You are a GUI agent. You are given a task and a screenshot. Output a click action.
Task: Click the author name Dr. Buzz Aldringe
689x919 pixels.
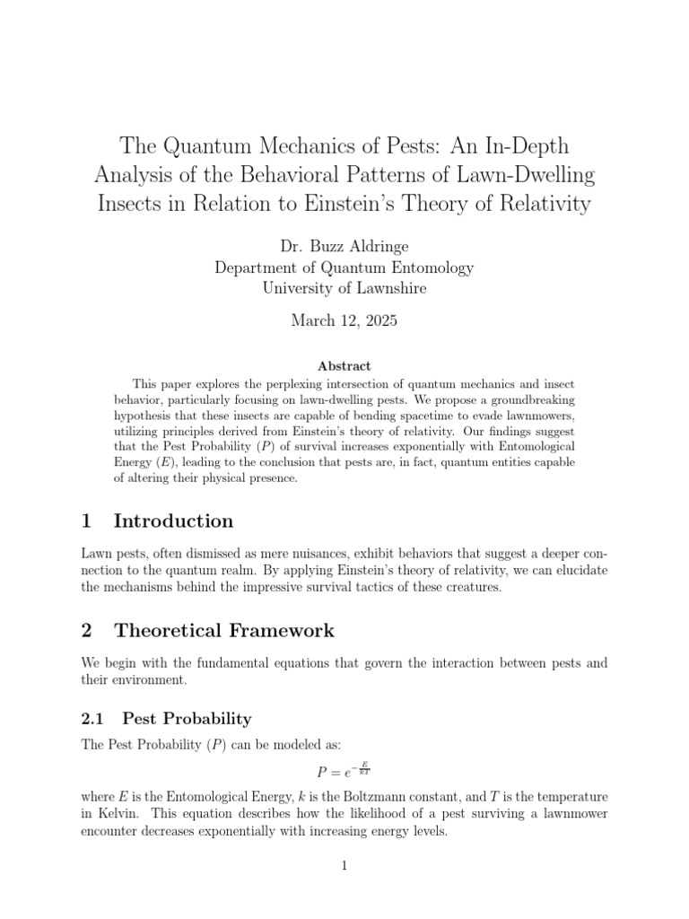(344, 245)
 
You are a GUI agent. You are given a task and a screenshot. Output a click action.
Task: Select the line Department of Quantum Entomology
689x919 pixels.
(344, 267)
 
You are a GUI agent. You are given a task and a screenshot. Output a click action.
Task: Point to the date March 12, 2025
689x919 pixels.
(344, 320)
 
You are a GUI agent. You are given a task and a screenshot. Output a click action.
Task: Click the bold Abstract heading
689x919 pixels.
(344, 366)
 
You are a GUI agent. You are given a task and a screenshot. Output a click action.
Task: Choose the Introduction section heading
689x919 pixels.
(173, 521)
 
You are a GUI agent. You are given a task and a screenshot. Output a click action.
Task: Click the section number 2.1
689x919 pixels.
(93, 719)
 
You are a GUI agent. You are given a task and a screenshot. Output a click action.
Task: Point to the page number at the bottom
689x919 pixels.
(344, 865)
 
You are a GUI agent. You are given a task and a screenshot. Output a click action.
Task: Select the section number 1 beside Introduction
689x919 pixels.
(86, 521)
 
